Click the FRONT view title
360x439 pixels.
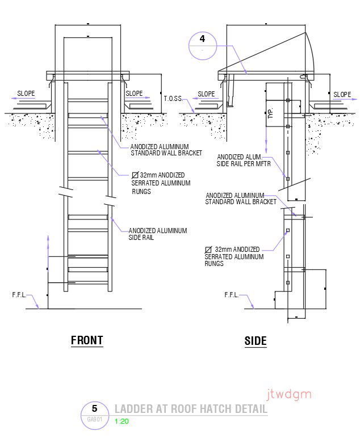(x=87, y=340)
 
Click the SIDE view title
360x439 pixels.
(x=255, y=341)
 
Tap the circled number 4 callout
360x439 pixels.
(x=202, y=39)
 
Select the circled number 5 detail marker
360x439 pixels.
(x=94, y=409)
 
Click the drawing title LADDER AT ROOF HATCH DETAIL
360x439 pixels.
(x=190, y=409)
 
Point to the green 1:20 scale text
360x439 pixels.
(x=122, y=421)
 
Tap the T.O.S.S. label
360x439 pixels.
(x=173, y=99)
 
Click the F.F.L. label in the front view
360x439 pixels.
(x=20, y=295)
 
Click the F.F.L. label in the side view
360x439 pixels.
(x=232, y=295)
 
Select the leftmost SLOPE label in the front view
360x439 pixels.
(x=26, y=94)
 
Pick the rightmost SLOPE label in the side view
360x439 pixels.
(x=342, y=95)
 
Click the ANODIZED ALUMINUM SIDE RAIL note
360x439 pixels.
(x=157, y=234)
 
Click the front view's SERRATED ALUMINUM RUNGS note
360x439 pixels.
(x=161, y=183)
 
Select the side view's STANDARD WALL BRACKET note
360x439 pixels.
(x=241, y=199)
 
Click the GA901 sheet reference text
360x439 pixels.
(x=94, y=420)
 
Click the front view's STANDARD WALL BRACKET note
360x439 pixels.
(x=166, y=150)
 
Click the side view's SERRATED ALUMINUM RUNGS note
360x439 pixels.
(x=234, y=256)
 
